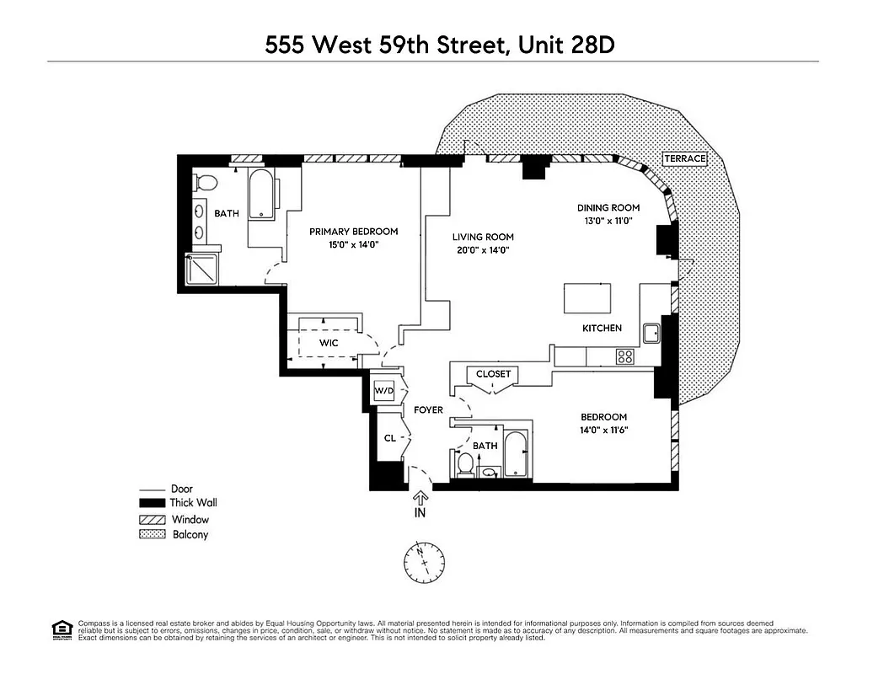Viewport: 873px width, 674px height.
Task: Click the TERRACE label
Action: coord(684,158)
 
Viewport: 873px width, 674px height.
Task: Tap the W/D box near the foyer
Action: coord(383,391)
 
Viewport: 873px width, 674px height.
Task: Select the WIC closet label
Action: coord(329,343)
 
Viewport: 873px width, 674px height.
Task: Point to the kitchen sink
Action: coord(651,333)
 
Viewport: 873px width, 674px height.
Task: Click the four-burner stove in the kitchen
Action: coord(624,356)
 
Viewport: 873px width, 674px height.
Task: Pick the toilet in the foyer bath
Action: coord(464,464)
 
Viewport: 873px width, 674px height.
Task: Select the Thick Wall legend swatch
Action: coord(151,504)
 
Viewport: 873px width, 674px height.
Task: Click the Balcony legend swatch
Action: coord(151,535)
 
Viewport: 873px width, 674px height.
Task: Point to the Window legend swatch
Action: coord(151,520)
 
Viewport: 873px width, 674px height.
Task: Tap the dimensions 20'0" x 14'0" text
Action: coord(482,250)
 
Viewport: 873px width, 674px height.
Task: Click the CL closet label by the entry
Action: coord(389,438)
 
